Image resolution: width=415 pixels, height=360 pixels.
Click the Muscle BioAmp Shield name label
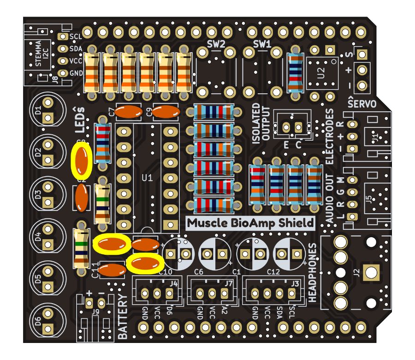(250, 223)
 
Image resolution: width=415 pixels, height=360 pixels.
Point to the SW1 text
(262, 44)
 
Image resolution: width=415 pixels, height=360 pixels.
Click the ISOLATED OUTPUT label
(261, 125)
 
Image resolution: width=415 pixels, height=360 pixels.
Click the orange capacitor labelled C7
(129, 112)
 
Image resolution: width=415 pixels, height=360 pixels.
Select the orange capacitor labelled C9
(166, 112)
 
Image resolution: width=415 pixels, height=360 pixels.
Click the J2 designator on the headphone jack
(355, 273)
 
